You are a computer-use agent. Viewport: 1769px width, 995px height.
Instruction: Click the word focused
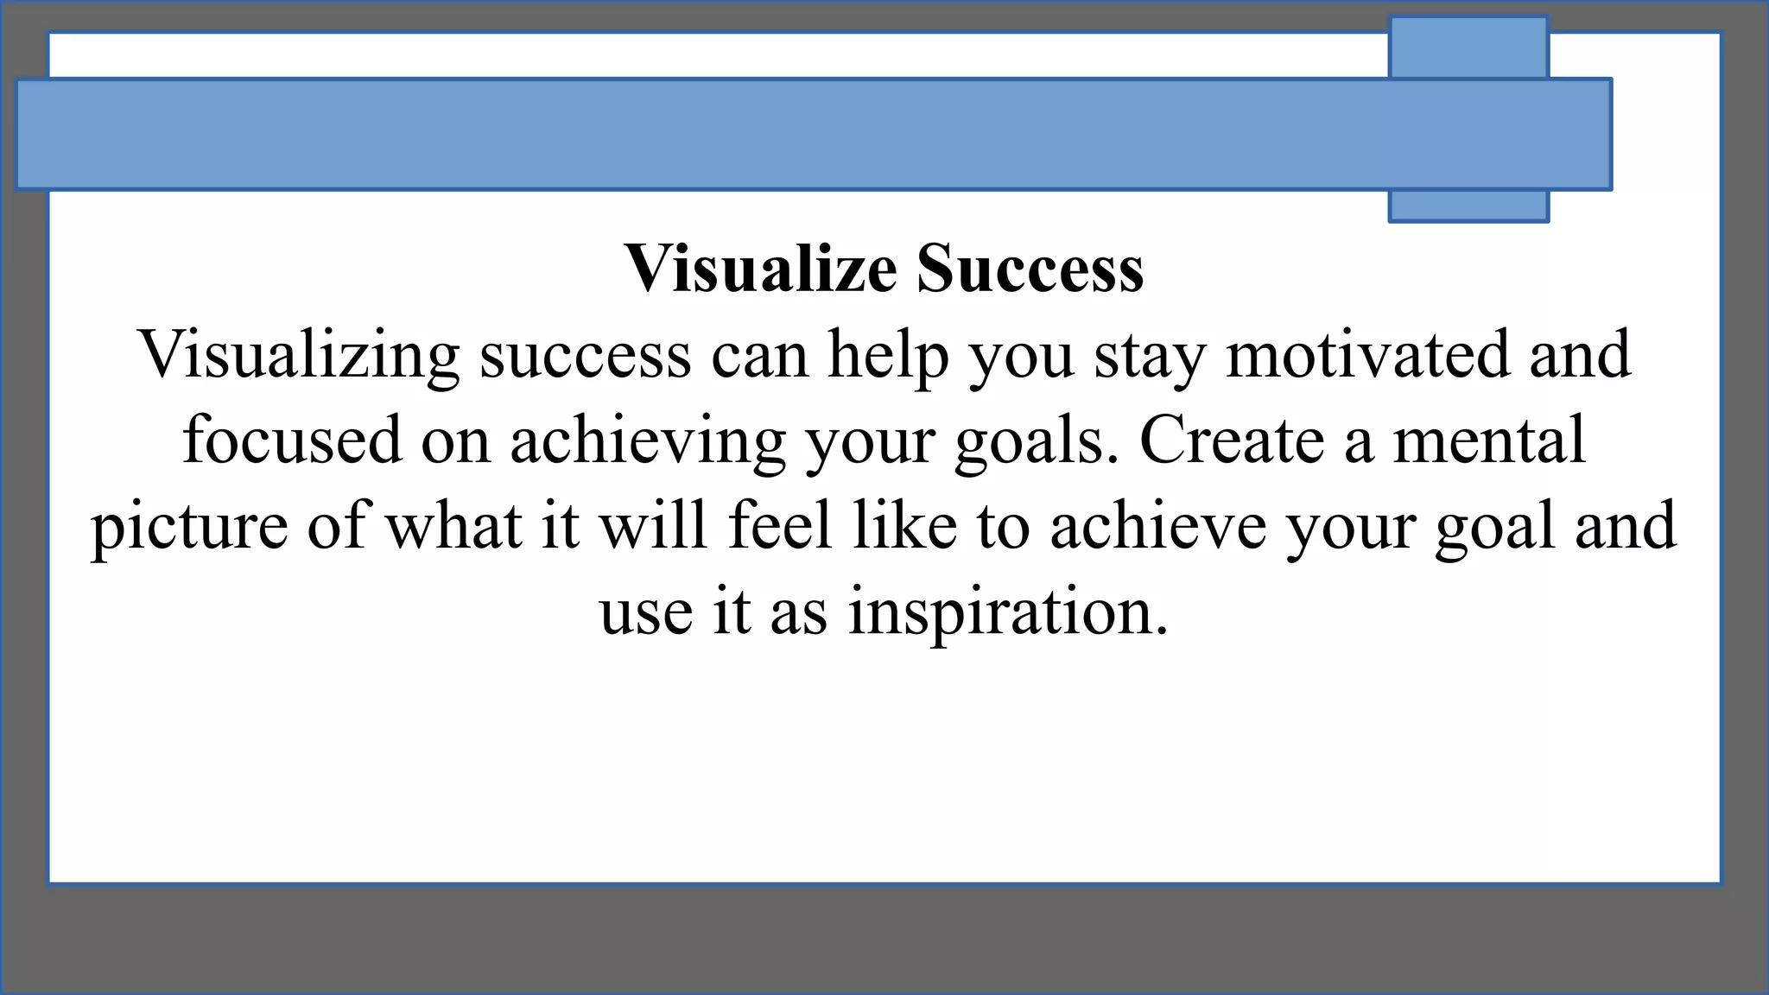tap(293, 440)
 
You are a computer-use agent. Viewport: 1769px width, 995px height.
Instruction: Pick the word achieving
tap(648, 440)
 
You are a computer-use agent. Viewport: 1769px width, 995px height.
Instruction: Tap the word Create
tap(1233, 440)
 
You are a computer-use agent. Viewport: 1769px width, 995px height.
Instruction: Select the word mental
tap(1489, 440)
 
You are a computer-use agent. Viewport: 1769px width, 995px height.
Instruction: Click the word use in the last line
tap(646, 612)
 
